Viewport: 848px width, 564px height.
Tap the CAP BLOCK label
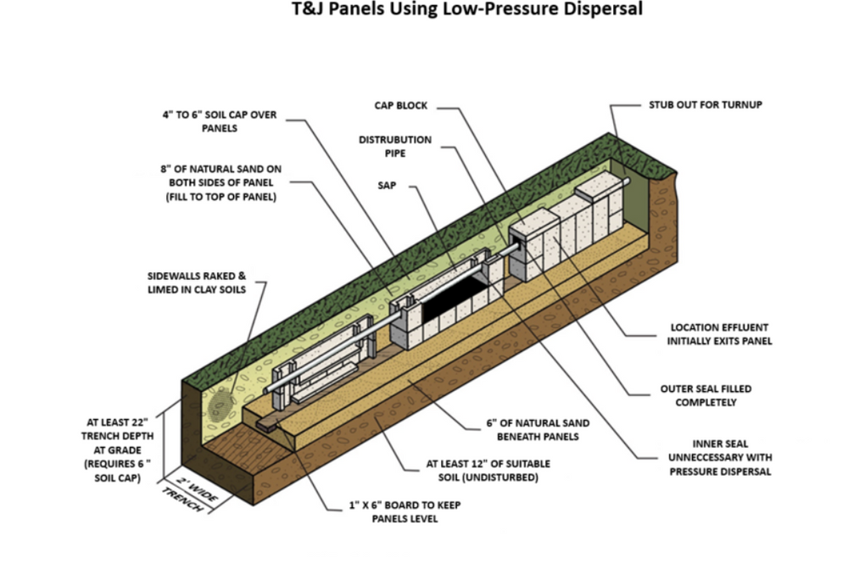coord(401,106)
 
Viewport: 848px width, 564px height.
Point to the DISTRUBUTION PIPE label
coord(394,146)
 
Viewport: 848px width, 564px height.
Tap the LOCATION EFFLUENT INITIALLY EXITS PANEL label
coord(721,333)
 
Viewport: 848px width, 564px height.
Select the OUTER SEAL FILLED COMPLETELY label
coord(706,395)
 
